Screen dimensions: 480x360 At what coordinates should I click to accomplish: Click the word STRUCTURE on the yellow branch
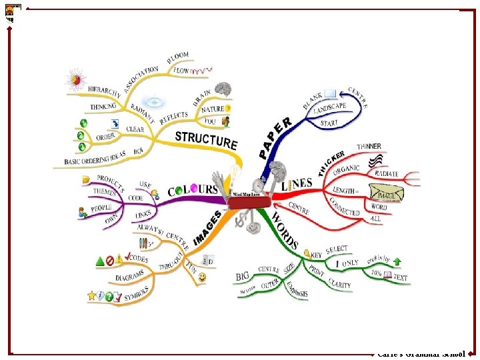[206, 140]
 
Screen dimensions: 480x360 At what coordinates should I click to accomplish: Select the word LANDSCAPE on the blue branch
[330, 107]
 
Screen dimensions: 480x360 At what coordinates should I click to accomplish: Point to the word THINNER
[369, 147]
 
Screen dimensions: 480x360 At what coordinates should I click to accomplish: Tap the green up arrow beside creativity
[397, 261]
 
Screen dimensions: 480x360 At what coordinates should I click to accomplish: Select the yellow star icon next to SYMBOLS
[92, 295]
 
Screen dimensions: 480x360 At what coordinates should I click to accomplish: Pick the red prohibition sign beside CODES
[110, 260]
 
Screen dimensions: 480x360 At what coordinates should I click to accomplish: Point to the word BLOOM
[178, 58]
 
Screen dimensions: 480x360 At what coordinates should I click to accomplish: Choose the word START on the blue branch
[329, 123]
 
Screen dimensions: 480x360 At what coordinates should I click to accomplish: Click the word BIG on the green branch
[243, 276]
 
